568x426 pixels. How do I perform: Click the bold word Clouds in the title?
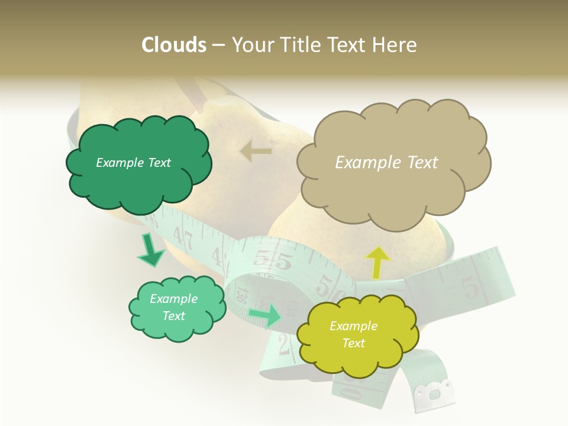click(x=173, y=45)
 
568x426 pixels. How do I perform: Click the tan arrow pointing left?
click(x=256, y=151)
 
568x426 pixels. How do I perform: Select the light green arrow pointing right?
click(x=265, y=316)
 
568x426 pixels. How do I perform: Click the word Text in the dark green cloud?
click(x=158, y=163)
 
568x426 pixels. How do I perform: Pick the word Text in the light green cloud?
click(x=174, y=316)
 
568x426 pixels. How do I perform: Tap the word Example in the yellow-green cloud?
click(x=353, y=326)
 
